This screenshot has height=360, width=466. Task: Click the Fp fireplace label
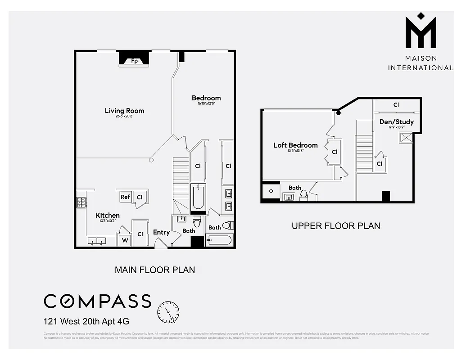pos(134,61)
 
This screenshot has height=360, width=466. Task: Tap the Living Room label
pos(125,111)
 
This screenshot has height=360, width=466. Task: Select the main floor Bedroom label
pos(206,98)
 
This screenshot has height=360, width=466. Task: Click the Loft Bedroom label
pos(295,145)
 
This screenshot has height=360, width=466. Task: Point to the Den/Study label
pos(396,121)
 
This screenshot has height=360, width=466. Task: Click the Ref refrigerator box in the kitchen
pos(125,197)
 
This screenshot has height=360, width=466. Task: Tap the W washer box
pos(125,240)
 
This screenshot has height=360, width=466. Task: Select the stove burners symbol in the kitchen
pos(81,203)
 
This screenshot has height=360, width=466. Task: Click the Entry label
pos(161,232)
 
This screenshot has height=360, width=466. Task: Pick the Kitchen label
pos(108,216)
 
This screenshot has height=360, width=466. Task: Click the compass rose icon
pos(168,312)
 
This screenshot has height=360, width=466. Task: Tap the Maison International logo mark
pos(421,31)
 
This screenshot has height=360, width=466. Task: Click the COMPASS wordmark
pos(97,301)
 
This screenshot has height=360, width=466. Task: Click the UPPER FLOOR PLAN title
pos(336,226)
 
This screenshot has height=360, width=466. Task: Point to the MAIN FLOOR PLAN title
pos(155,270)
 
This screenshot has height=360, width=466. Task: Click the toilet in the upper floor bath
pos(303,195)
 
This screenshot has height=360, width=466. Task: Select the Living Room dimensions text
pos(125,117)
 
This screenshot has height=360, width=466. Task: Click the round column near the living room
pos(152,160)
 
